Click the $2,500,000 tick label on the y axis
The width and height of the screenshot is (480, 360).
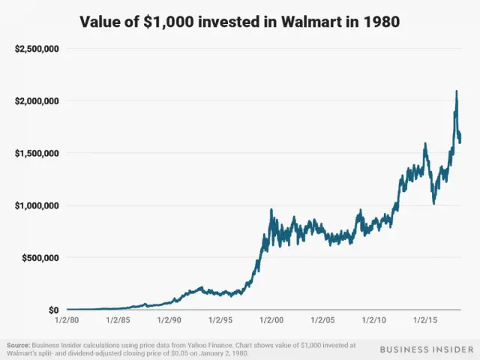(37, 49)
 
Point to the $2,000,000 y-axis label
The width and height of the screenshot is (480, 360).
(37, 100)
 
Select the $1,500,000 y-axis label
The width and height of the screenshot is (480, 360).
(37, 153)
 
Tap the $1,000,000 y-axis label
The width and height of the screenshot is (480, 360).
(37, 205)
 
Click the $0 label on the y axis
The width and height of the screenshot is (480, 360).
(53, 310)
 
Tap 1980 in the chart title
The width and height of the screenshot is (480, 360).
(381, 22)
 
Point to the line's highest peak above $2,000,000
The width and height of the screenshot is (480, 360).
(457, 91)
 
